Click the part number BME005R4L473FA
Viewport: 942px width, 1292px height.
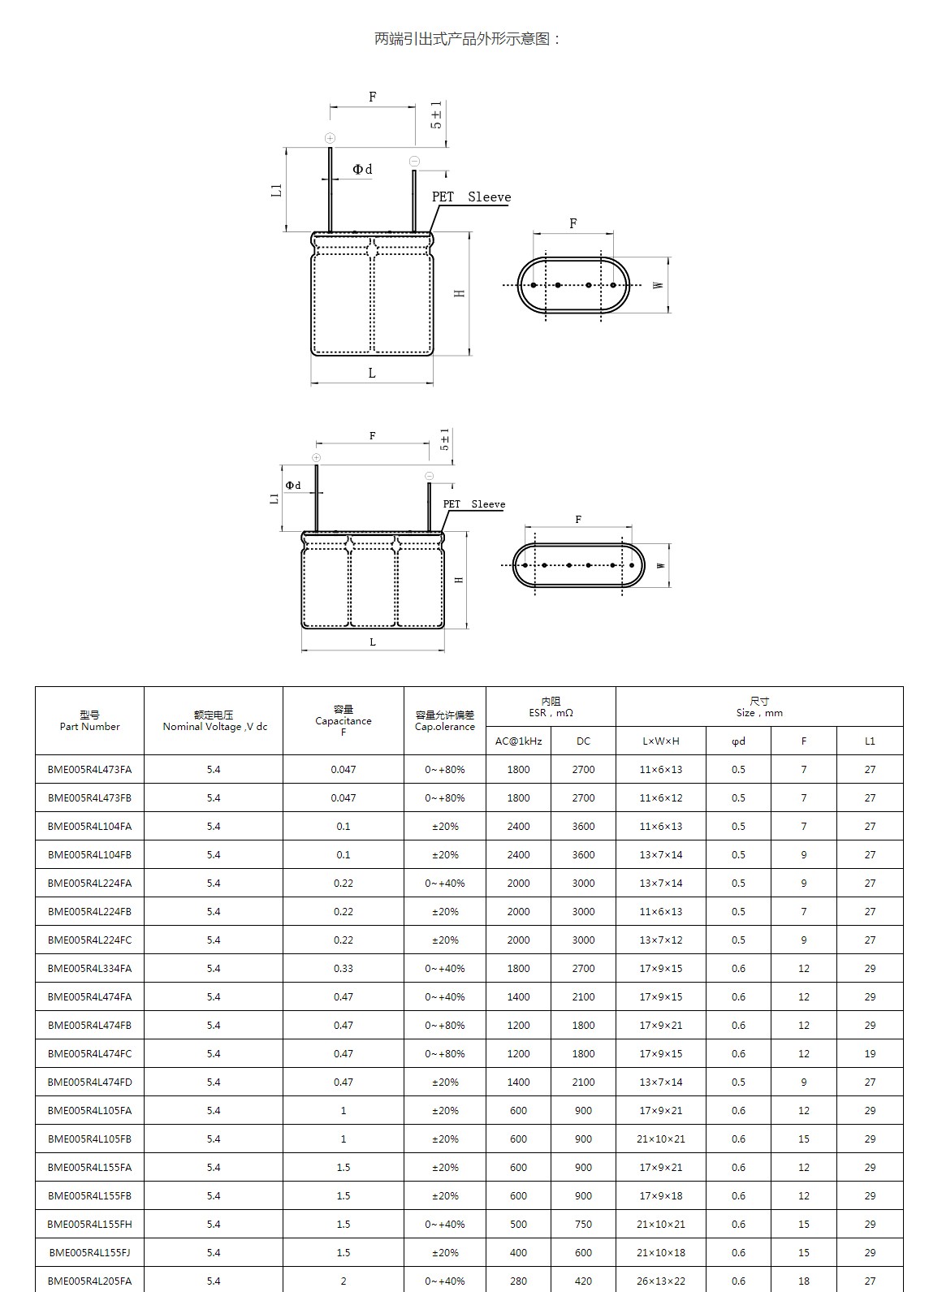tap(89, 769)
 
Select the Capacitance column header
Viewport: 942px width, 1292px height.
tap(344, 720)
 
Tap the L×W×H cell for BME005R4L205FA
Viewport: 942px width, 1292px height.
tap(661, 1281)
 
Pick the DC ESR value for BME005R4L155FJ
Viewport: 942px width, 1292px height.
tap(583, 1252)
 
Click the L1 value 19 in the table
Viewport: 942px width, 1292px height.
tap(870, 1053)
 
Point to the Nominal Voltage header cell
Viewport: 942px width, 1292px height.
tap(214, 720)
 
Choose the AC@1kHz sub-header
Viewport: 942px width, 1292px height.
tap(518, 741)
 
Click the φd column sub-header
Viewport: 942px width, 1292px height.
tap(738, 741)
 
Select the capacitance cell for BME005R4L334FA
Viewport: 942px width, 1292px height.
tap(344, 968)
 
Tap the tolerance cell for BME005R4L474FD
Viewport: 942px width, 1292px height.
tap(445, 1082)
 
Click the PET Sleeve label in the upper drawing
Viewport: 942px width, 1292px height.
tap(471, 197)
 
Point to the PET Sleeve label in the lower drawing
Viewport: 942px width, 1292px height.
tap(473, 504)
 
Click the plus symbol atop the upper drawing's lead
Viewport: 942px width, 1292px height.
tap(330, 138)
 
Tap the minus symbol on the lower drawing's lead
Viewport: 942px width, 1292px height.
tap(430, 476)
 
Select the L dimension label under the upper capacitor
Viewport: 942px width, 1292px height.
tap(372, 374)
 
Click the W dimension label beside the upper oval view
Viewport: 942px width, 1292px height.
tap(659, 285)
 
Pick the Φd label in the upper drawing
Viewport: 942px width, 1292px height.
tap(362, 170)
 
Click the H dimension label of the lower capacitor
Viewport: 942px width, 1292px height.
tap(459, 580)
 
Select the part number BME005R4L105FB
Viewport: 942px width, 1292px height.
tap(89, 1139)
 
